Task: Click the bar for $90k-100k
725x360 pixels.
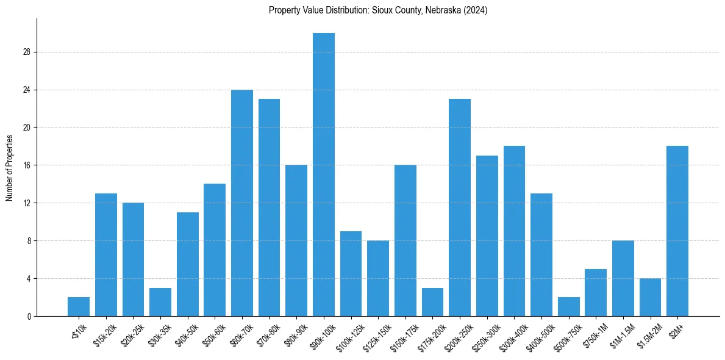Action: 324,175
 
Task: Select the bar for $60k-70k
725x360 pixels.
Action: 242,203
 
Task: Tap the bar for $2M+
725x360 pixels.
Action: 677,231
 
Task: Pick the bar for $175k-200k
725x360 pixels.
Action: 432,302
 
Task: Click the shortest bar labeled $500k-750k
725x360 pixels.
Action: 569,307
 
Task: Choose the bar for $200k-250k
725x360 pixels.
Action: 460,207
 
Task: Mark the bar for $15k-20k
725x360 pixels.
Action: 106,255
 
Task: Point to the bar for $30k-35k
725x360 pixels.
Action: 160,302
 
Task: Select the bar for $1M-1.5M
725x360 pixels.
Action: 623,278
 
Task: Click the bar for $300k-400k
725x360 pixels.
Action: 514,231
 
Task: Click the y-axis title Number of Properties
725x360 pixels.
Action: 9,167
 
